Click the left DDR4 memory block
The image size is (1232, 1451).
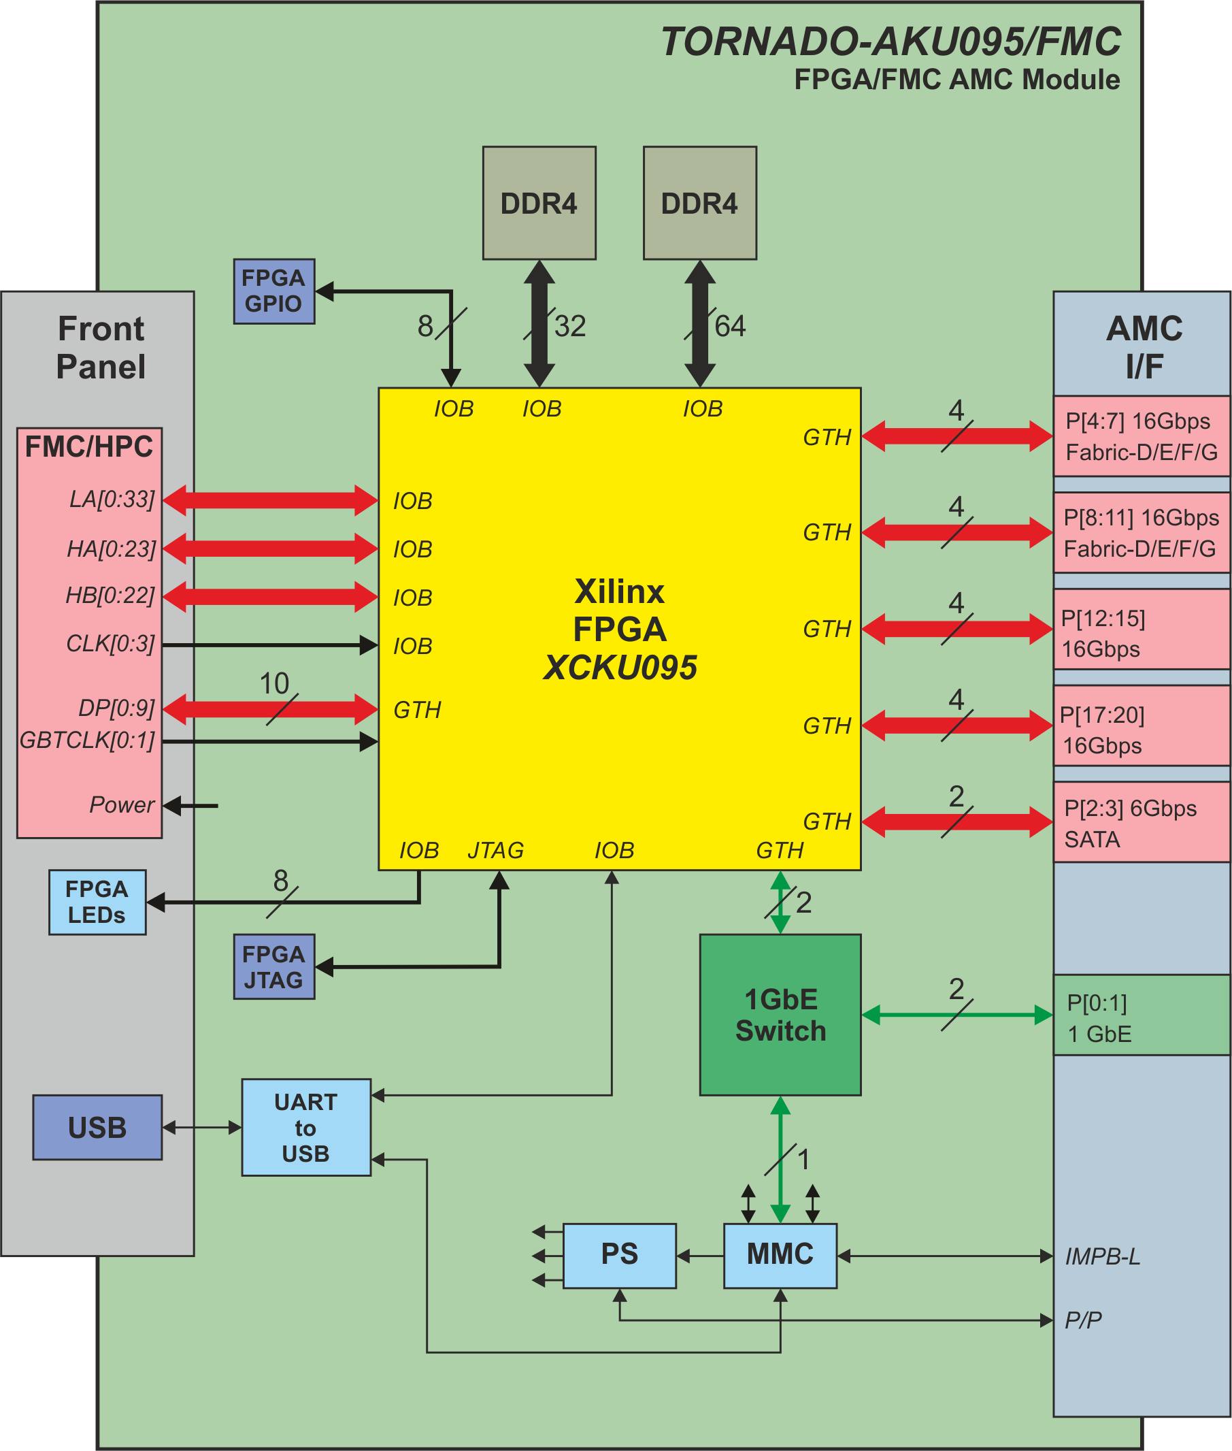pyautogui.click(x=539, y=203)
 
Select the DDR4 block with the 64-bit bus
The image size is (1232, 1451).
pyautogui.click(x=699, y=203)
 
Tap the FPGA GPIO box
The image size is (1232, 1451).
pyautogui.click(x=273, y=291)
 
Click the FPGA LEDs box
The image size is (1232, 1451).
pyautogui.click(x=97, y=902)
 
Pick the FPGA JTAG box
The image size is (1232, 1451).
pyautogui.click(x=273, y=967)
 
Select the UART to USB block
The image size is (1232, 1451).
pyautogui.click(x=306, y=1128)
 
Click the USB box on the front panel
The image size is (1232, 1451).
pyautogui.click(x=97, y=1128)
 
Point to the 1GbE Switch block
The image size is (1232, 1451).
pyautogui.click(x=780, y=1015)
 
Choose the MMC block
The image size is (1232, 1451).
pyautogui.click(x=780, y=1256)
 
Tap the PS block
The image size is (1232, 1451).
pyautogui.click(x=620, y=1256)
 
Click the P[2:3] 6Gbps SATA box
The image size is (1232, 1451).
pyautogui.click(x=1141, y=822)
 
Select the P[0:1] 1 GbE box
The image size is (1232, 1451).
pyautogui.click(x=1141, y=1015)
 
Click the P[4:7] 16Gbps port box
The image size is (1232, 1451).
pyautogui.click(x=1141, y=437)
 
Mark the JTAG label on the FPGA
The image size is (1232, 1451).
pyautogui.click(x=496, y=850)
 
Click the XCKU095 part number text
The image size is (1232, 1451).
pyautogui.click(x=620, y=667)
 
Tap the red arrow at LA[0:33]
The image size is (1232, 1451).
pyautogui.click(x=270, y=500)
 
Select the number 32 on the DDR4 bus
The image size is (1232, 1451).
pyautogui.click(x=570, y=326)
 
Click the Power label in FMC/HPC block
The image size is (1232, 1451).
pyautogui.click(x=122, y=805)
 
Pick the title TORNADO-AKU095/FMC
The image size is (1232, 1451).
pyautogui.click(x=890, y=42)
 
